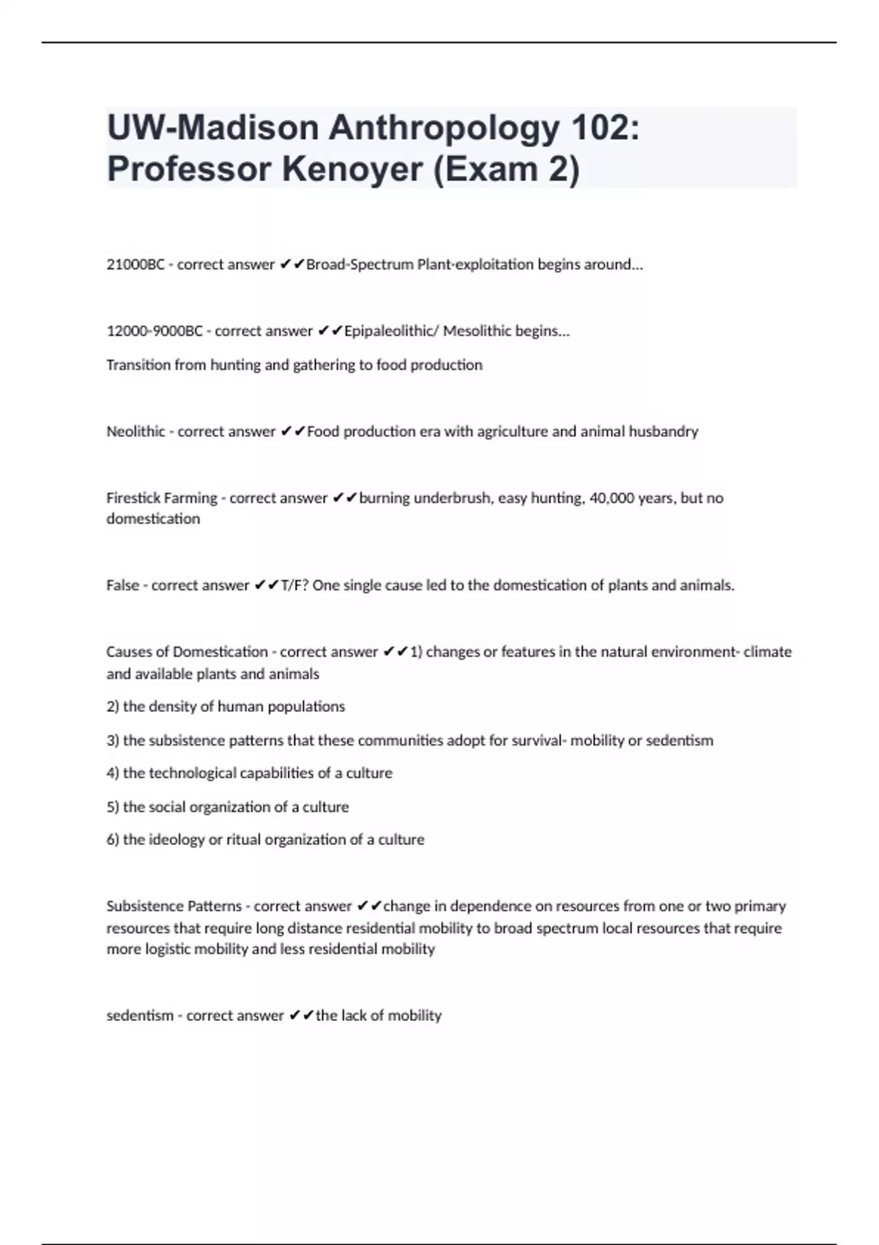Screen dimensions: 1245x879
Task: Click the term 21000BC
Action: [x=136, y=264]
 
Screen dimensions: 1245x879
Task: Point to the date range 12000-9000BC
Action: [x=155, y=331]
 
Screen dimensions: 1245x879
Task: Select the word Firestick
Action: [x=133, y=498]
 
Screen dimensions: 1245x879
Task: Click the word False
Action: [x=122, y=585]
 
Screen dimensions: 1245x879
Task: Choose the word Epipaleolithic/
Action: [x=391, y=331]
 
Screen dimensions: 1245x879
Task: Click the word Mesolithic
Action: [x=477, y=331]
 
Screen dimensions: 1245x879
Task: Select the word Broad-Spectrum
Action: [x=359, y=264]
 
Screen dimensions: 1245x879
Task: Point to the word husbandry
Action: [x=664, y=431]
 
